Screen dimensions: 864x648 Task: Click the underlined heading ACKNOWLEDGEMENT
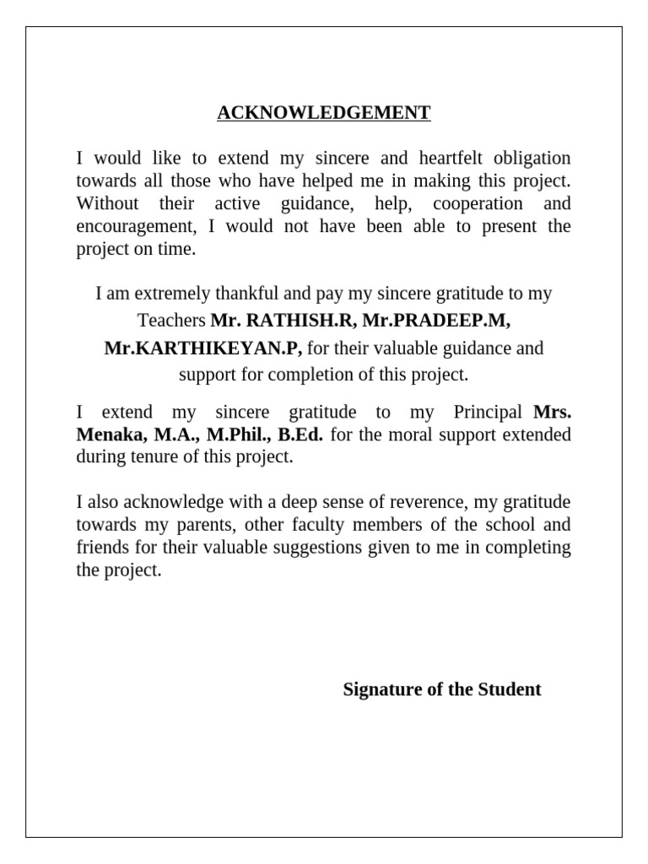coord(324,113)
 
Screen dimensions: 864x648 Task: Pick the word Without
coord(105,203)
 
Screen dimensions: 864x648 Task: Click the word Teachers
coord(172,321)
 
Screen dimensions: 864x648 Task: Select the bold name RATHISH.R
coord(285,321)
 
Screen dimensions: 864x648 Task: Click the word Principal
coord(489,413)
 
